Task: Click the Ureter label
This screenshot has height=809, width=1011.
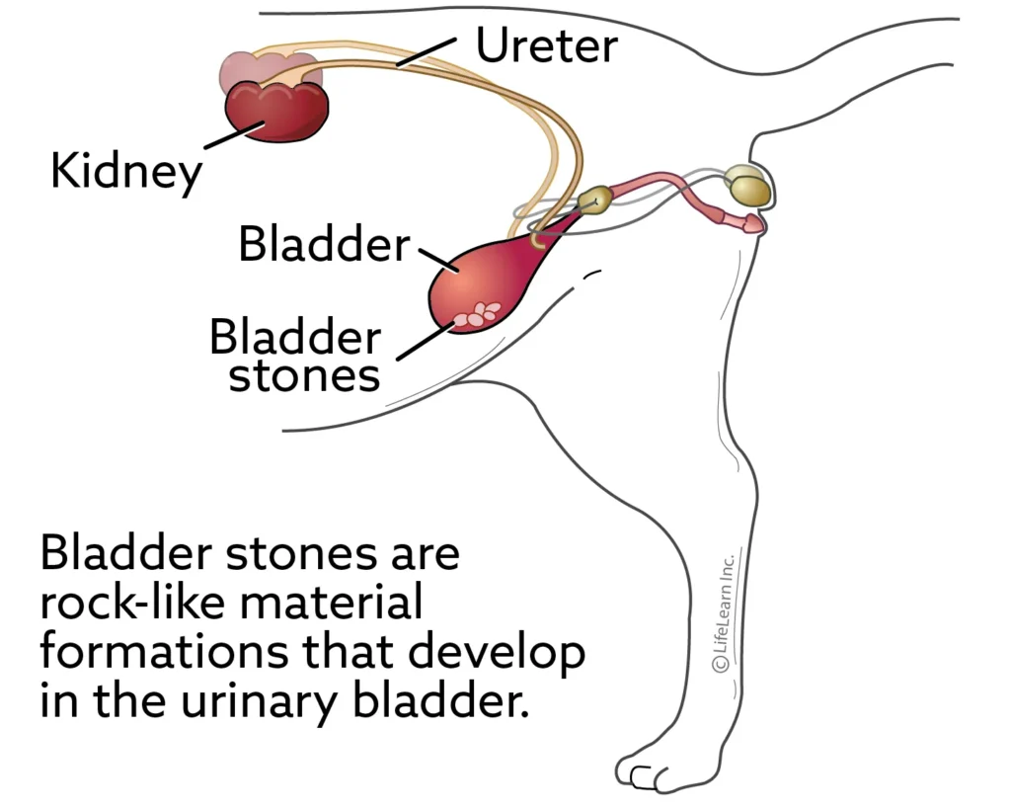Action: coord(547,45)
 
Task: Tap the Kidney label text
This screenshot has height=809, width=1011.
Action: coord(126,172)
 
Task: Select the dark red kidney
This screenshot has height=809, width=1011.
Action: coord(276,111)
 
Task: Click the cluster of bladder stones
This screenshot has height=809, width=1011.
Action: coord(478,314)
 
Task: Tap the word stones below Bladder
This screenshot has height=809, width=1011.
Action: coord(304,377)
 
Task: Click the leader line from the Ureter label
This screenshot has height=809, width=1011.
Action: coord(427,51)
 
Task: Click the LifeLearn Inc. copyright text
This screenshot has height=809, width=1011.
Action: coord(723,611)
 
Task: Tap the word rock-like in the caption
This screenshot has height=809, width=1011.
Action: coord(133,603)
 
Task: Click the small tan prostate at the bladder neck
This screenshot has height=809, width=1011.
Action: coord(593,200)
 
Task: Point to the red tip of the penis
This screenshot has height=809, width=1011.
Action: coord(752,224)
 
